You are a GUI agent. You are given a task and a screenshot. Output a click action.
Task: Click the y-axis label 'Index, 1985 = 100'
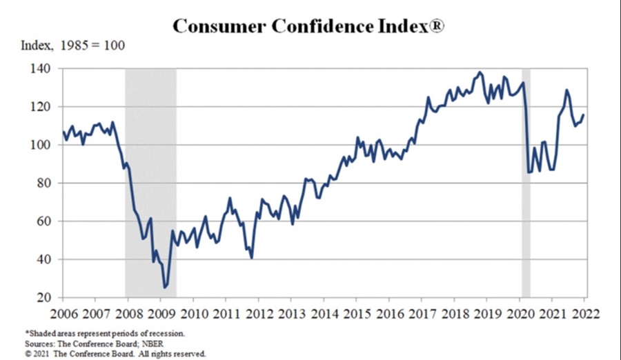[x=73, y=46]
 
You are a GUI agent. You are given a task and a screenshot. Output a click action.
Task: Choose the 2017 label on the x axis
[x=422, y=312]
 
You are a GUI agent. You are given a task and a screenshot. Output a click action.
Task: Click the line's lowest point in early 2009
[x=165, y=287]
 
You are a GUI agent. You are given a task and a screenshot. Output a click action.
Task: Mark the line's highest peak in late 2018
[x=480, y=72]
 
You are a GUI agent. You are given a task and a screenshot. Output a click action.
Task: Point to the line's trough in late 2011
[x=251, y=258]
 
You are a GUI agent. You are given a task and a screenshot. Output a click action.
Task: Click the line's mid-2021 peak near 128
[x=566, y=90]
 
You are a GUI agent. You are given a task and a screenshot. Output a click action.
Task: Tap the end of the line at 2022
[x=584, y=115]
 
